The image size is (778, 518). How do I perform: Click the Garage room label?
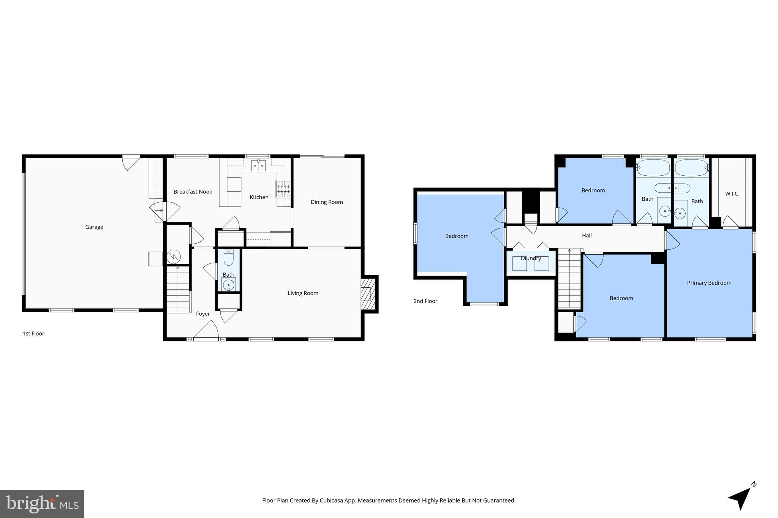click(94, 227)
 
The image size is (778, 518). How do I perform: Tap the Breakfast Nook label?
click(193, 192)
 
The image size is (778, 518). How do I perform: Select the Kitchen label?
click(259, 197)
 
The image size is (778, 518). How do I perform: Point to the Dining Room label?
click(326, 202)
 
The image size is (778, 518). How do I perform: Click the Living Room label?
click(303, 293)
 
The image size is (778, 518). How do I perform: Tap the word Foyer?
click(202, 314)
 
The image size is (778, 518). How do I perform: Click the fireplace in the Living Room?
click(367, 294)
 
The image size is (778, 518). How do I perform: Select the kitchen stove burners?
click(283, 189)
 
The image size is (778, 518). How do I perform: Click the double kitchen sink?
click(258, 166)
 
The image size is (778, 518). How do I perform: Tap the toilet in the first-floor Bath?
click(228, 258)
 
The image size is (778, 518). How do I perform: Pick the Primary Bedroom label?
click(709, 283)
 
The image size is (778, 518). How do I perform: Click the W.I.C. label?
click(732, 194)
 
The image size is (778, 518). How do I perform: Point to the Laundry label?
click(530, 258)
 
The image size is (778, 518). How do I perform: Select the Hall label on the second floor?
click(587, 235)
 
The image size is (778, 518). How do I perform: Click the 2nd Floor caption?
click(425, 301)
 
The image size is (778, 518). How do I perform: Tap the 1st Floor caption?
click(33, 334)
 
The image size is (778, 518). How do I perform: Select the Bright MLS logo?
click(42, 504)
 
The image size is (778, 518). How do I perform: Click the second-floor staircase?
click(569, 279)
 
